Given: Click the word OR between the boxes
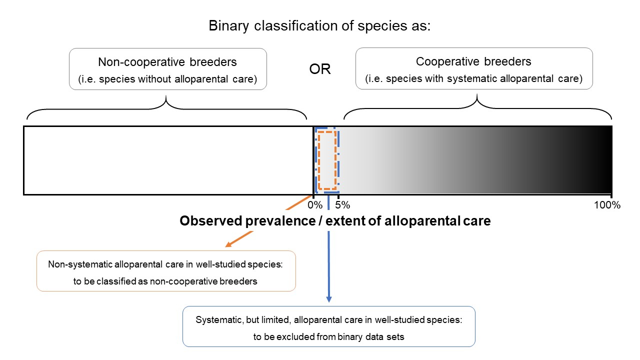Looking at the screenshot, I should coord(320,69).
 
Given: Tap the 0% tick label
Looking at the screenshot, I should coord(315,205).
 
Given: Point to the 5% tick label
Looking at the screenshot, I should coord(342,205).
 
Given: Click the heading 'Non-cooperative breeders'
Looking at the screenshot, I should coord(167,62).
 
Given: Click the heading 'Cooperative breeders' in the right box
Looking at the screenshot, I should coord(473,61).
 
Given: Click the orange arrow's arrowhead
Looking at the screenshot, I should coord(228,244).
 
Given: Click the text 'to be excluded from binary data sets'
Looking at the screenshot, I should coord(328,336).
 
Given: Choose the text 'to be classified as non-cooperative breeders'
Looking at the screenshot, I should coord(165,281).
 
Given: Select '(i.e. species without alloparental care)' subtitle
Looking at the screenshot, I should coord(167,79).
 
